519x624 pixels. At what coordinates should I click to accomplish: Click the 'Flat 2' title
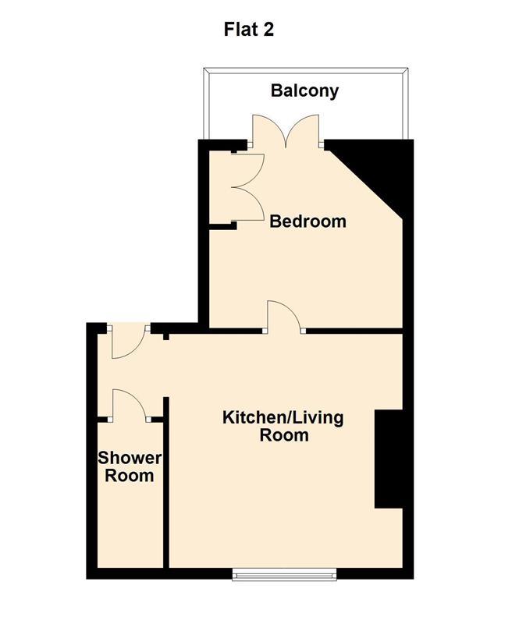click(248, 30)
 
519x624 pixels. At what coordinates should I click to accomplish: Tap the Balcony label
click(304, 90)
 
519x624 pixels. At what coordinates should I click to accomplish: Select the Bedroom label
click(308, 222)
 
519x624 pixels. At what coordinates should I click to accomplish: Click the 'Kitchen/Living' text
click(283, 418)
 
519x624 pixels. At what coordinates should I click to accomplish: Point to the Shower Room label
click(130, 466)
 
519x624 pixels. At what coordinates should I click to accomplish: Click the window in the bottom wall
click(284, 574)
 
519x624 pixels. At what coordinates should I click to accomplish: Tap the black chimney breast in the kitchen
click(389, 459)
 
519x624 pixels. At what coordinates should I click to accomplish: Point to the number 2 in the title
click(268, 30)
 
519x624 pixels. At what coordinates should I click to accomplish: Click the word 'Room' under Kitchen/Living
click(284, 435)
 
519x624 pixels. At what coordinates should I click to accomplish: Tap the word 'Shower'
click(130, 458)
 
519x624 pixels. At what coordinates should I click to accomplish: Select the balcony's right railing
click(406, 105)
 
